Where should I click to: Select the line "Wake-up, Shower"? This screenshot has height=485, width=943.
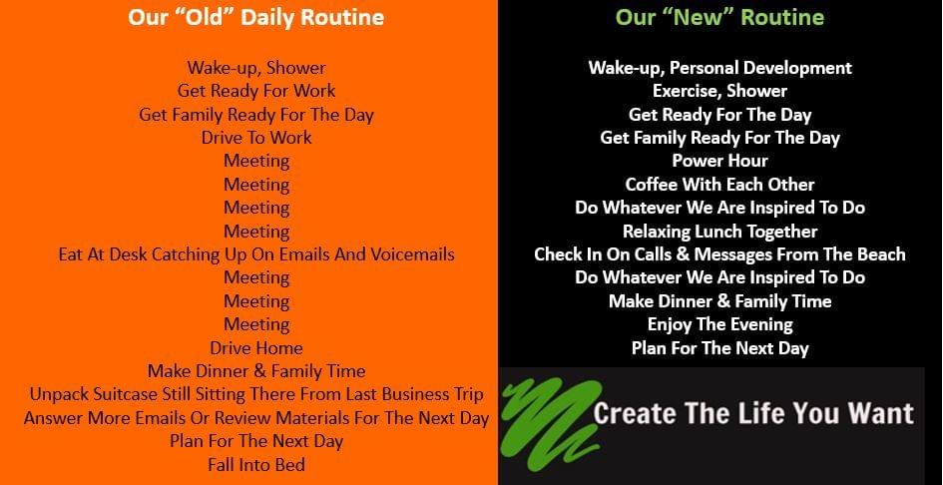pos(256,68)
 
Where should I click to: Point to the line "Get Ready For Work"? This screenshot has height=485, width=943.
pos(256,91)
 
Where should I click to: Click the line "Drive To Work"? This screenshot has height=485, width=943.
pos(256,138)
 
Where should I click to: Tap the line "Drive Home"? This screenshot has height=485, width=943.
pos(256,348)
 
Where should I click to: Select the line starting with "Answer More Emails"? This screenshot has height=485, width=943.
pos(256,418)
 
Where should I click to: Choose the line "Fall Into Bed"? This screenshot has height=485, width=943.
pos(256,464)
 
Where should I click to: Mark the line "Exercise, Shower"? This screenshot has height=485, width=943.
pos(719,91)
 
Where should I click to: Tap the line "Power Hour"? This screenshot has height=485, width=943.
pos(719,161)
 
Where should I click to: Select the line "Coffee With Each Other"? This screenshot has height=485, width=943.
pos(719,185)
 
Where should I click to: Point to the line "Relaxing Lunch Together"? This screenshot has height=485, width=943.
pos(719,232)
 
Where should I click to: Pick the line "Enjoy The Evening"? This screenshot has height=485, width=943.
pos(719,325)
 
